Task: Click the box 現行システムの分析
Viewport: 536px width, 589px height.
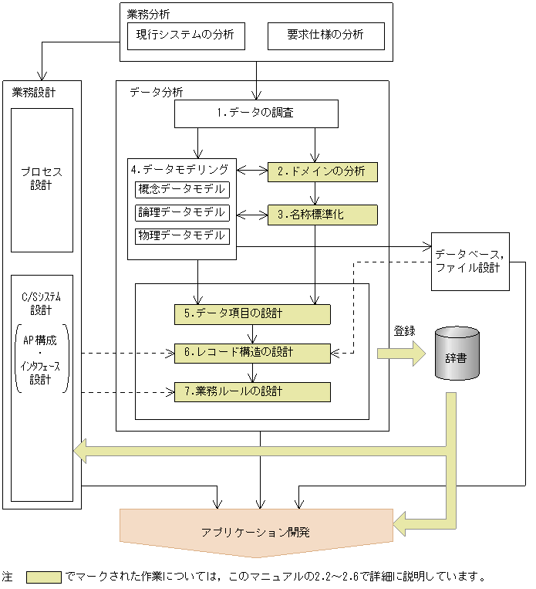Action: [185, 36]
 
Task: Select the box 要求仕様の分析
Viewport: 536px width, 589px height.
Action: [325, 36]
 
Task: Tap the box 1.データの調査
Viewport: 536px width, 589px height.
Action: [256, 114]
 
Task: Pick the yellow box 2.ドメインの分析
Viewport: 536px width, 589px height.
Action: [322, 171]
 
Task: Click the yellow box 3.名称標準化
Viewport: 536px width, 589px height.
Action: [322, 215]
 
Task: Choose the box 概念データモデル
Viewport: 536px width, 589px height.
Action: [183, 190]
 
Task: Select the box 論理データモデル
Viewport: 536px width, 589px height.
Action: [183, 212]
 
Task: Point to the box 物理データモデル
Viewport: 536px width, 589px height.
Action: [183, 235]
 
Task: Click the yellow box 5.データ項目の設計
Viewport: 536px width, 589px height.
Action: [252, 314]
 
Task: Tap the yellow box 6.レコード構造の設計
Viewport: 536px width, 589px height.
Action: [252, 353]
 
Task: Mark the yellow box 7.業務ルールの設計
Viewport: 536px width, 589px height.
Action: [252, 392]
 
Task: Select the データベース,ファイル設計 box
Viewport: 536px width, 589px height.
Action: [470, 261]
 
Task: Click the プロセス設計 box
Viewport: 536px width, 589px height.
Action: [42, 179]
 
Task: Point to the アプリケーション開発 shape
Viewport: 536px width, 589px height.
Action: [256, 533]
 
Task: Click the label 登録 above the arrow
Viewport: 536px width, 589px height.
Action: [404, 331]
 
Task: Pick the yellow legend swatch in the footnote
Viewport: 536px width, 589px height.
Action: [43, 577]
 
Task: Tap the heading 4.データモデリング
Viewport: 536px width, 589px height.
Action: [180, 169]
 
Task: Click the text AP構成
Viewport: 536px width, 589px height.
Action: [42, 340]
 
